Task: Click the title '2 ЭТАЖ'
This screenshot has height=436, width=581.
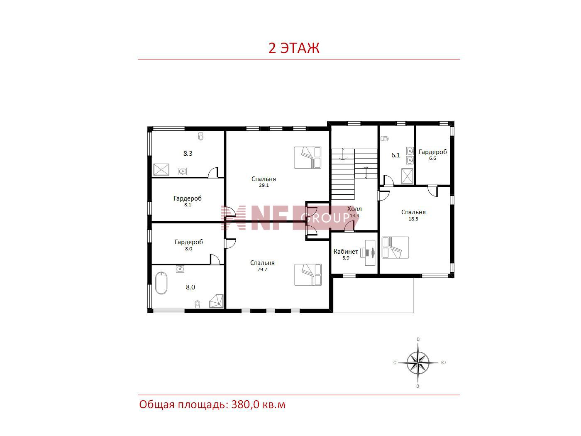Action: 294,48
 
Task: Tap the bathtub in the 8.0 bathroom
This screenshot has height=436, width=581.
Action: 161,283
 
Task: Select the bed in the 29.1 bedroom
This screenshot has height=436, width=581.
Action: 308,157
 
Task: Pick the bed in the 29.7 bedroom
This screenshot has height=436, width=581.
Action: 308,275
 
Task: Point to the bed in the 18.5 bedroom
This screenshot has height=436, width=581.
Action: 395,247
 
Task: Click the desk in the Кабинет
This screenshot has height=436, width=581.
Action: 370,253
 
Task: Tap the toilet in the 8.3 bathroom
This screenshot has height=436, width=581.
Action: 201,136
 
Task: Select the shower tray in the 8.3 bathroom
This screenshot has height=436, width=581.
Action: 161,169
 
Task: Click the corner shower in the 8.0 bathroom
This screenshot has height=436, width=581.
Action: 217,301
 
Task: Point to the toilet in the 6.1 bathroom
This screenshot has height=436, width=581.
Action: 385,138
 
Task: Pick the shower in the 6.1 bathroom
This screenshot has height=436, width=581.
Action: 407,176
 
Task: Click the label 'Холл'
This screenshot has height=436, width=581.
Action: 354,209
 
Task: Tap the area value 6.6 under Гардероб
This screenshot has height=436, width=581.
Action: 432,158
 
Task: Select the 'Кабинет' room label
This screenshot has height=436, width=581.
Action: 346,252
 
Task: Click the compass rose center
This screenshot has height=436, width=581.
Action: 418,363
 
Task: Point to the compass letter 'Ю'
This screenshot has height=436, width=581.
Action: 444,363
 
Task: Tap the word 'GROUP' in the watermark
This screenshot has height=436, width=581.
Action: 325,218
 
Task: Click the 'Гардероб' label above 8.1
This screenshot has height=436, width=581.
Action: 188,198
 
